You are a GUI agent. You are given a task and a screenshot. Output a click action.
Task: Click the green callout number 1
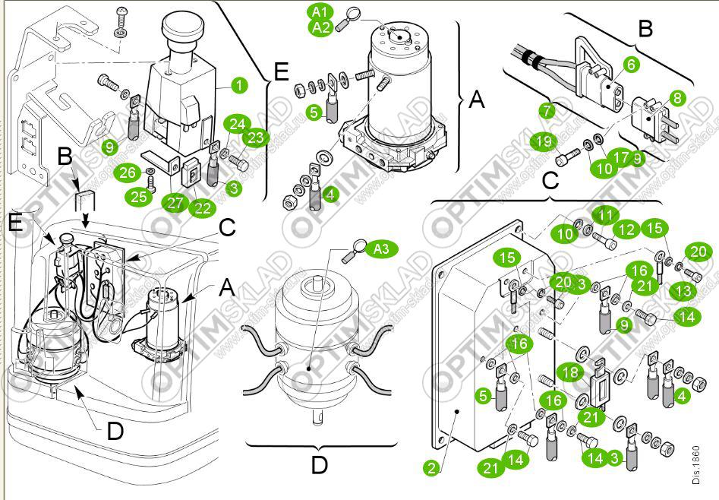pyautogui.click(x=239, y=84)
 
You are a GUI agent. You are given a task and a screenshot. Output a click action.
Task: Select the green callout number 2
pyautogui.click(x=431, y=468)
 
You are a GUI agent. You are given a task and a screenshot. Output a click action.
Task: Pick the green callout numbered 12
pyautogui.click(x=628, y=229)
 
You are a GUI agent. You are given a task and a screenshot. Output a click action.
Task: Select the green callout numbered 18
pyautogui.click(x=572, y=372)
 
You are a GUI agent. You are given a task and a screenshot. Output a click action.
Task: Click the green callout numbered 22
pyautogui.click(x=201, y=207)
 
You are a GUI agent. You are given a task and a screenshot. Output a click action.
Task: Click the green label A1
pyautogui.click(x=319, y=12)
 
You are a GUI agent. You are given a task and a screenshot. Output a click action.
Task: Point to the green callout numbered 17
pyautogui.click(x=621, y=158)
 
